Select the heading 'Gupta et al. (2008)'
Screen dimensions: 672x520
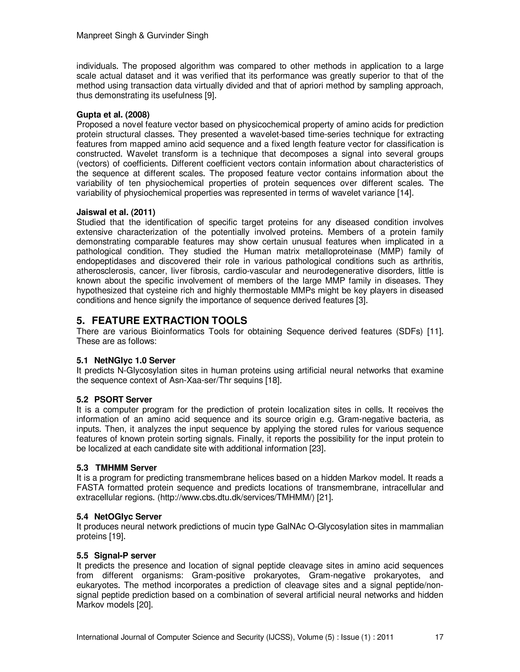click(113, 115)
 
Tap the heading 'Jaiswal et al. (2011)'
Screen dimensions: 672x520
click(116, 212)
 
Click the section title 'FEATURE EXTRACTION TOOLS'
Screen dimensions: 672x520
click(169, 321)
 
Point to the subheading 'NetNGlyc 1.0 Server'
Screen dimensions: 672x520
click(135, 360)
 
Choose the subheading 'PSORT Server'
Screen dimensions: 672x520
click(123, 400)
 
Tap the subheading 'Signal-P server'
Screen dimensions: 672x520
click(125, 555)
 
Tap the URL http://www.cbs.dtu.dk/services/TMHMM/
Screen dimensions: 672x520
click(236, 497)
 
